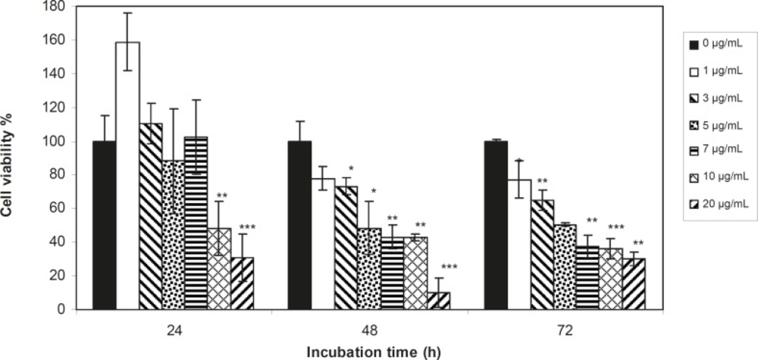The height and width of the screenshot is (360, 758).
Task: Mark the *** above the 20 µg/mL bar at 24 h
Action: (248, 226)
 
